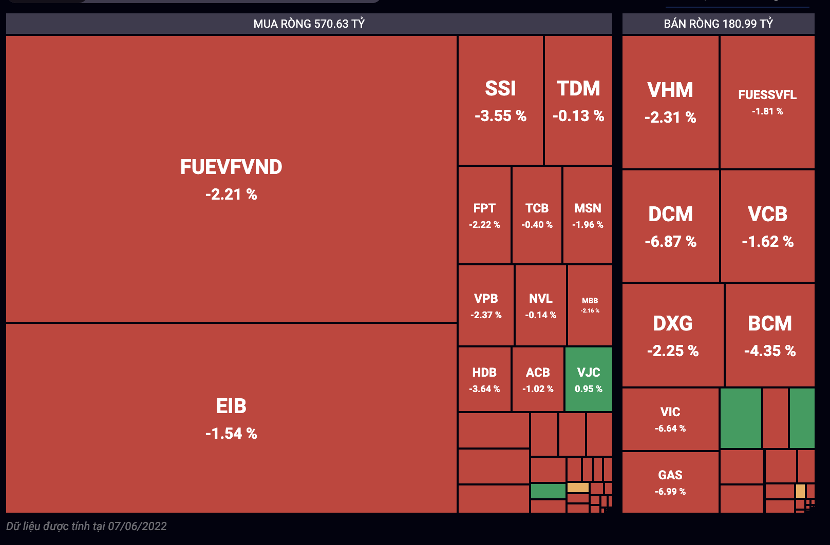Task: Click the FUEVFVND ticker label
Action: tap(231, 167)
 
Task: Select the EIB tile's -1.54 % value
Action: tap(231, 434)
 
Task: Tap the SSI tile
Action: tap(500, 101)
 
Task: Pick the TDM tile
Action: tap(578, 101)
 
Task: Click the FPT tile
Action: tap(484, 215)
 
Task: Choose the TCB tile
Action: tap(537, 215)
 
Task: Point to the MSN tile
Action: tap(588, 215)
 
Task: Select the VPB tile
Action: tap(486, 305)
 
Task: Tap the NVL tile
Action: tap(540, 305)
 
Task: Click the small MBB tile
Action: tap(590, 305)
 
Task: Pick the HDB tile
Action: tap(484, 379)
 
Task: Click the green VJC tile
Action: tap(589, 379)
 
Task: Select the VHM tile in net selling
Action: tap(670, 102)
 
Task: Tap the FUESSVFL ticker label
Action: tap(767, 95)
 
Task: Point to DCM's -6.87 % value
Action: tap(670, 242)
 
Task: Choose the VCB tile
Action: tap(767, 226)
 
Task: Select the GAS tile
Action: tap(670, 482)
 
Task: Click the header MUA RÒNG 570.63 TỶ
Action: tap(309, 24)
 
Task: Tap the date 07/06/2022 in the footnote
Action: tap(137, 526)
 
